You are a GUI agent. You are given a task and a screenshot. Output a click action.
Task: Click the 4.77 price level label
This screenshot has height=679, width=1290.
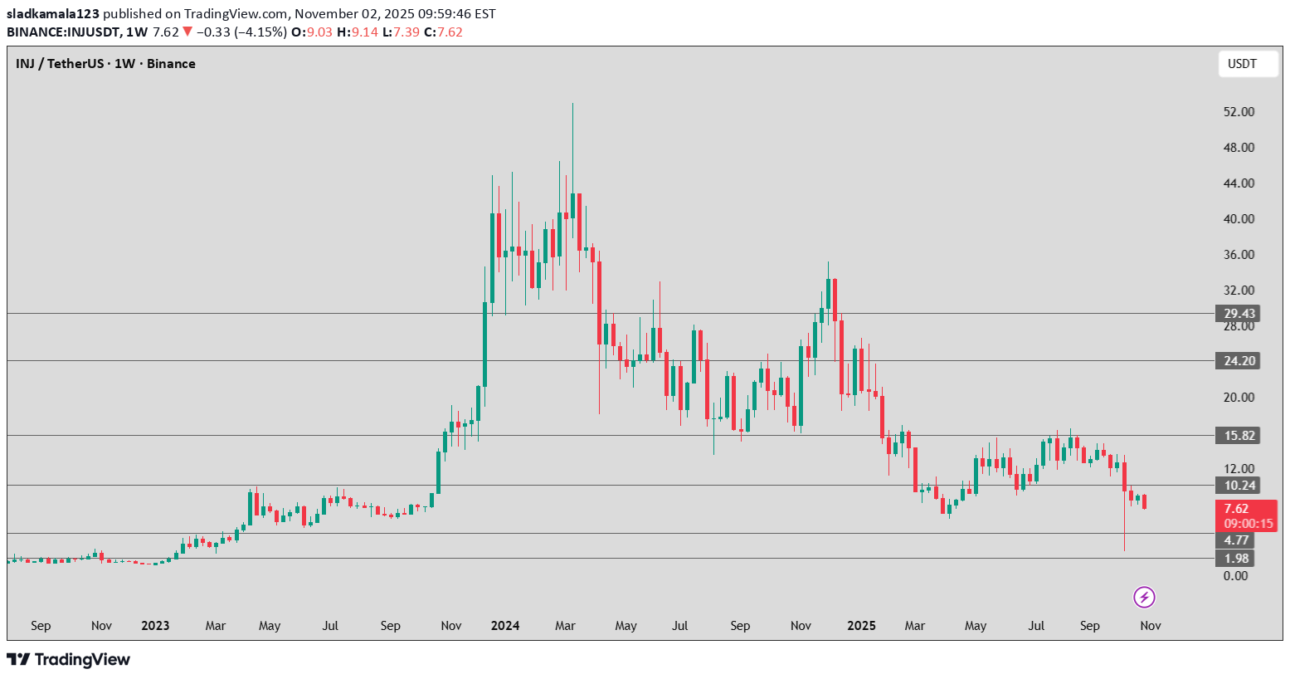tap(1236, 540)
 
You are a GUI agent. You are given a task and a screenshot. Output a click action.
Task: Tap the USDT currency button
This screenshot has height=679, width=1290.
tap(1247, 64)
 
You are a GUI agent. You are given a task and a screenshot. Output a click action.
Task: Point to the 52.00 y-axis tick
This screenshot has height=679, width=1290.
tap(1239, 112)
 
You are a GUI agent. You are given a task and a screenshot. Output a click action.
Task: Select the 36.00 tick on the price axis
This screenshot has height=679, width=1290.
tap(1239, 255)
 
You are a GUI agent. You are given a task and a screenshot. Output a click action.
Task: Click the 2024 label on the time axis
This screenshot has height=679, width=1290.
tap(504, 625)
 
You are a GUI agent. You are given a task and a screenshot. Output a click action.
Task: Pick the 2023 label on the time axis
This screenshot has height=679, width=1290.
tap(155, 625)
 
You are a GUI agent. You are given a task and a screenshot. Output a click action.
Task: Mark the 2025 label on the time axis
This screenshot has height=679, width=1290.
tap(861, 625)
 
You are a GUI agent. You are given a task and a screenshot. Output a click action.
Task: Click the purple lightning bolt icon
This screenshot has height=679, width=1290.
tap(1144, 597)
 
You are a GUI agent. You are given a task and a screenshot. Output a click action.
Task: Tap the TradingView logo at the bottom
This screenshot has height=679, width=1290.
tap(69, 660)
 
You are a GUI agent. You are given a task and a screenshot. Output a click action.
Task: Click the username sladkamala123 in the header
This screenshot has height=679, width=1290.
tap(53, 13)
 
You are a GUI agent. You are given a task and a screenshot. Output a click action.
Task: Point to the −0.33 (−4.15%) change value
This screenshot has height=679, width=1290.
tap(241, 32)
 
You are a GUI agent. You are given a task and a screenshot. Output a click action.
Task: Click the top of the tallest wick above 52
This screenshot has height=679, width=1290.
tap(572, 104)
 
